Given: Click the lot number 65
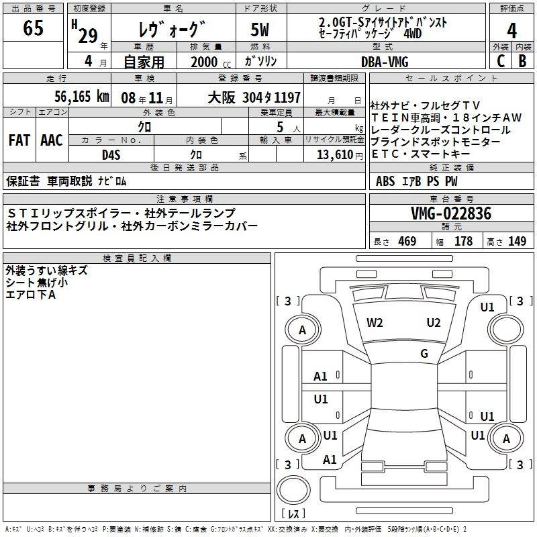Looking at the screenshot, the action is pos(33,29).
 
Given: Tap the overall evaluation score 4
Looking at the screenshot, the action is pos(511,31).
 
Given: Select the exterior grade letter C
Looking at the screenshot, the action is pos(499,60).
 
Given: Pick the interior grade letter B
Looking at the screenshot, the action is pos(522,60).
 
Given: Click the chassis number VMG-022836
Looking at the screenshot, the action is pos(451,213).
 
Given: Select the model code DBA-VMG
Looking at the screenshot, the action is pos(385,61).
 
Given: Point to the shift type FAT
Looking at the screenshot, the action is pos(18,140).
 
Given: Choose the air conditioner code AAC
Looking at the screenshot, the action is pos(52,140).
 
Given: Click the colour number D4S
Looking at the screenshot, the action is pos(110,154).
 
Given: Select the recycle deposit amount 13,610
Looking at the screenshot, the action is pos(334,154).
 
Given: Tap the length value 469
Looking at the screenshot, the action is pos(407,242).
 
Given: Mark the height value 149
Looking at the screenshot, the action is pos(517,242).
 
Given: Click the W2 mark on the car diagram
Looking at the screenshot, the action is pos(375,322).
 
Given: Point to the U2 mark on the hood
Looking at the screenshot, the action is pos(433,322).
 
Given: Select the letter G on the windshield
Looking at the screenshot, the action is pos(424,354).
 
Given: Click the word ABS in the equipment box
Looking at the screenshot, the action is pos(385,181).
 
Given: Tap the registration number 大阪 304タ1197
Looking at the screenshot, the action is pos(254,97).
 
